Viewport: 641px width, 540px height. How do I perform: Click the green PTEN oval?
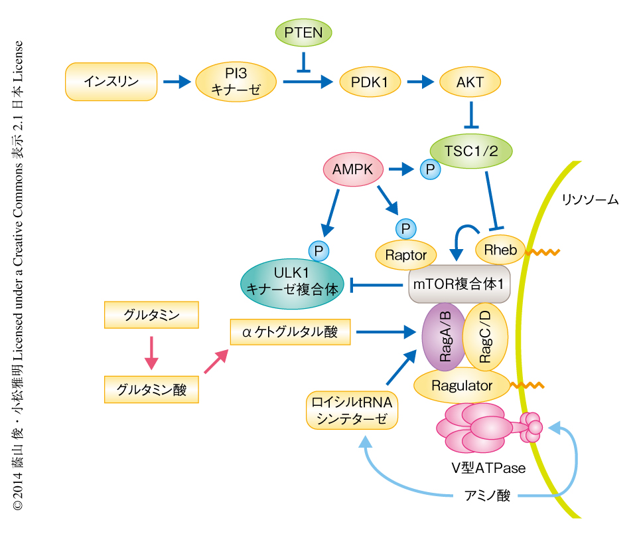coord(303,32)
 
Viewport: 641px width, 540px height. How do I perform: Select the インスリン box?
coord(111,82)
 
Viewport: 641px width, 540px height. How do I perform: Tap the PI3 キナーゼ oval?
coord(236,82)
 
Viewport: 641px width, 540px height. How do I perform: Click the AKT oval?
coord(470,82)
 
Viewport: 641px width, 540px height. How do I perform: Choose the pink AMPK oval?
coord(353,170)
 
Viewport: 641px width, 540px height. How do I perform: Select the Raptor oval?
coord(406,254)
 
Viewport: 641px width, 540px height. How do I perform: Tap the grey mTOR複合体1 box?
coord(459,284)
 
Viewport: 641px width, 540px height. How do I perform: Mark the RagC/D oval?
coord(486,337)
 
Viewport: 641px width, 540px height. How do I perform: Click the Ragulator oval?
coord(462,385)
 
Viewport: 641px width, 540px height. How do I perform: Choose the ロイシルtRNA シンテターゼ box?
coord(352,410)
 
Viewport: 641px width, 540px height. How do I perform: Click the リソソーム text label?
coord(590,199)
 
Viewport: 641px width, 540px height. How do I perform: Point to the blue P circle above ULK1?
coord(319,250)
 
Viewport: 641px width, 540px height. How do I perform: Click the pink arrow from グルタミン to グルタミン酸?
coord(152,353)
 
